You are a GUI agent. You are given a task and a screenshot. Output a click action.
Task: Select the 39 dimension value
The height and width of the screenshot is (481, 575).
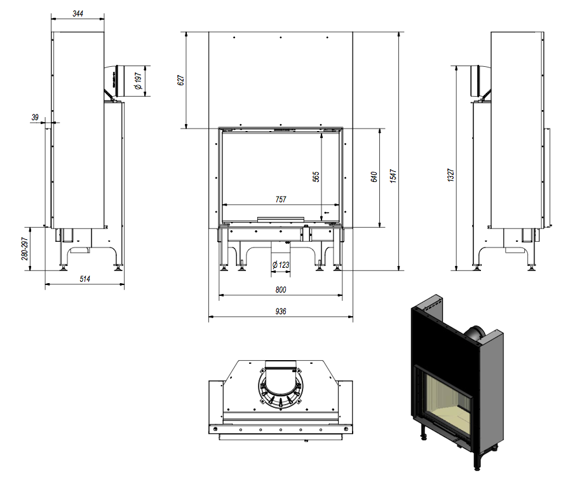tap(35, 116)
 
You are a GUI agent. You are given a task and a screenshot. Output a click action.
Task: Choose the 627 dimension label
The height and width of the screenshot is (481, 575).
tap(180, 80)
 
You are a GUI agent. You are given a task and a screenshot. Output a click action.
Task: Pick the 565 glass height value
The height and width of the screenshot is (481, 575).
tap(316, 176)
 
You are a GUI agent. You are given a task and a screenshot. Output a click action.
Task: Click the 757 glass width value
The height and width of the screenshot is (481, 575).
tap(281, 199)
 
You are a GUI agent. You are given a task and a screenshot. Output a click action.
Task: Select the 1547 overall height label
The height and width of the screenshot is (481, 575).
tap(393, 176)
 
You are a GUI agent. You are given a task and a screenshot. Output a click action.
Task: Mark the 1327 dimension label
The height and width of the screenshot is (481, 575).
tap(450, 176)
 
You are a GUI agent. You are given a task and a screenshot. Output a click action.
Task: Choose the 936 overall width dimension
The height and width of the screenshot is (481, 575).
tap(281, 311)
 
